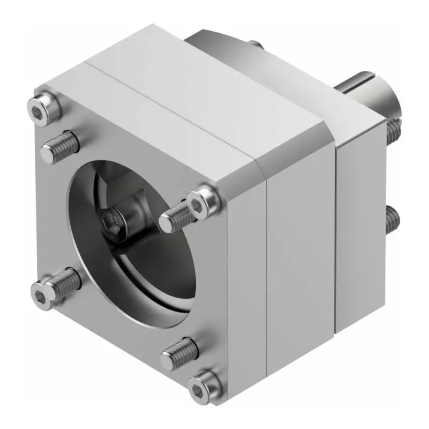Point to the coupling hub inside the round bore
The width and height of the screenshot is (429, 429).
pyautogui.click(x=134, y=214)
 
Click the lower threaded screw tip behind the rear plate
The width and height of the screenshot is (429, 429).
pyautogui.click(x=392, y=219)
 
